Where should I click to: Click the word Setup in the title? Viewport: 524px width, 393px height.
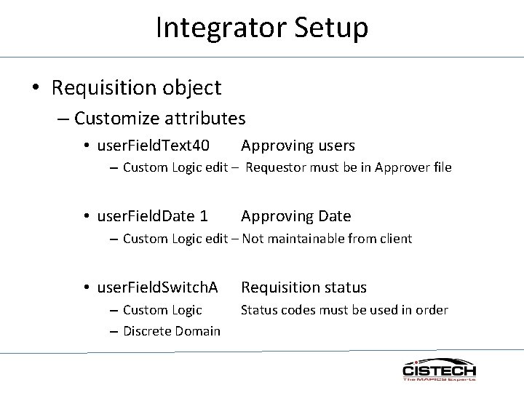tap(332, 28)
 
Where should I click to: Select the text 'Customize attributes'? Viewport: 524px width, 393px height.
tap(159, 117)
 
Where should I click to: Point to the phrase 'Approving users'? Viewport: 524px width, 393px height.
tap(298, 146)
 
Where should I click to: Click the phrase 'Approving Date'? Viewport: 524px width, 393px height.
tap(295, 216)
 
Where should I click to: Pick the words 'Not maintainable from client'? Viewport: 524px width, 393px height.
tap(327, 239)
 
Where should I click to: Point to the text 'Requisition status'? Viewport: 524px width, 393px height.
tap(303, 287)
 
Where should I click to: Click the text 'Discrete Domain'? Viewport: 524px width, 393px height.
tap(171, 331)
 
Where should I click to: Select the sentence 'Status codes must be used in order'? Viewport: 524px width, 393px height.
tap(344, 310)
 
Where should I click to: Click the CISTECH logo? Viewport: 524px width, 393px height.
tap(439, 369)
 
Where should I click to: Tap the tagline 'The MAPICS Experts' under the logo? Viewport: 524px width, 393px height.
tap(439, 379)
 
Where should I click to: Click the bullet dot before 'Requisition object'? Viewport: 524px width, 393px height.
tap(35, 89)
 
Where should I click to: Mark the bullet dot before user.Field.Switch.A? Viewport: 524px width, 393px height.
tap(86, 288)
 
